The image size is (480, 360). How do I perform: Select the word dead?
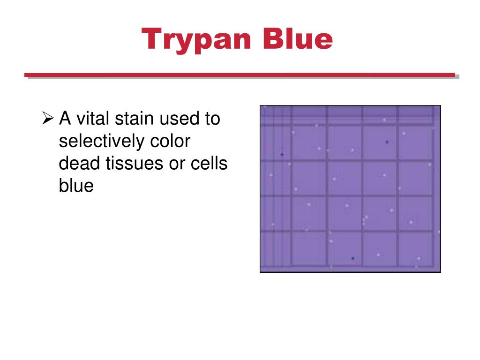click(x=78, y=163)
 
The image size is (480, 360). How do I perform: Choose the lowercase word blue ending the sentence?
click(x=76, y=186)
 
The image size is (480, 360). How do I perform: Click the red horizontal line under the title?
click(x=240, y=75)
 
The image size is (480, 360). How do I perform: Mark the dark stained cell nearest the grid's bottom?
click(x=353, y=258)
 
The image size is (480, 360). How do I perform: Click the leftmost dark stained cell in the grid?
click(x=282, y=154)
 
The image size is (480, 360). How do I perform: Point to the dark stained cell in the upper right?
click(x=387, y=142)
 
